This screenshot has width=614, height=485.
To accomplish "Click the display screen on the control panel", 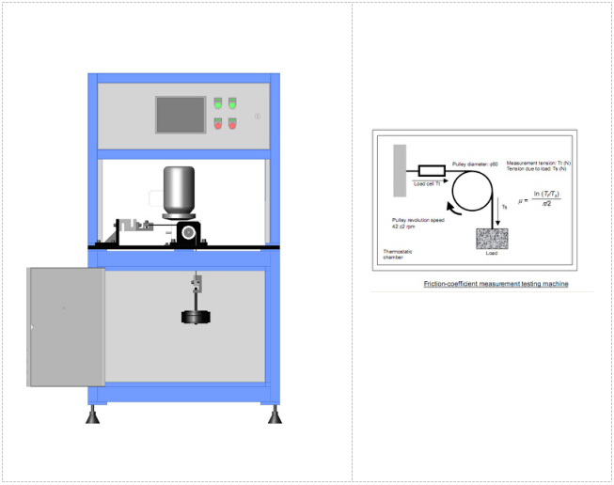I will (x=180, y=114).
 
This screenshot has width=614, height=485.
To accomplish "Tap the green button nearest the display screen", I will (x=219, y=103).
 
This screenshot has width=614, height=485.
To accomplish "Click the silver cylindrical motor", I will (x=179, y=191).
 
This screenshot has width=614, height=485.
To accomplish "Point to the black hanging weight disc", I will (x=197, y=318).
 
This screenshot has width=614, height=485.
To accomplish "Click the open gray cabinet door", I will (x=66, y=327).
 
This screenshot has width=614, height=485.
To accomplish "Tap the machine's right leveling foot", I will (x=274, y=415).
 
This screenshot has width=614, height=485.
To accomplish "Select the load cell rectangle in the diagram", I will (x=431, y=171).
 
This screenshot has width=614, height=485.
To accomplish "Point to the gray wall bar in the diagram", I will (x=400, y=169).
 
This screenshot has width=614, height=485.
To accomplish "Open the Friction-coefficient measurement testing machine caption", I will (x=496, y=283).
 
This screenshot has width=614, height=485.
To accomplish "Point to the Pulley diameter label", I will (x=475, y=164).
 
